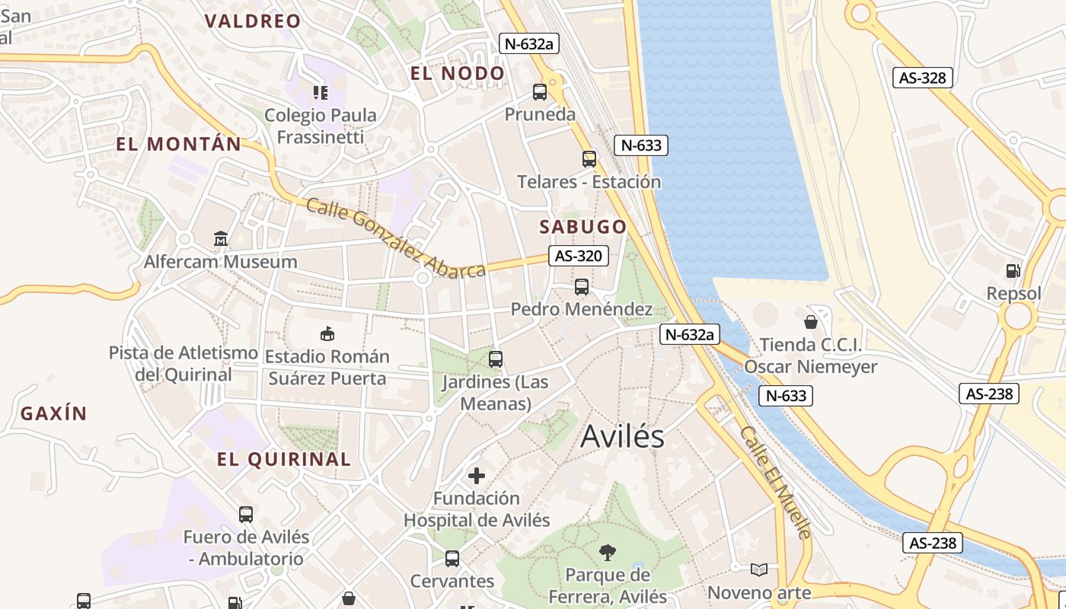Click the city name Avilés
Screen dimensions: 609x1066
click(x=622, y=436)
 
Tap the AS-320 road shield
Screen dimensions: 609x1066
click(x=579, y=256)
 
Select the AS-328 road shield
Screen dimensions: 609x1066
click(x=923, y=78)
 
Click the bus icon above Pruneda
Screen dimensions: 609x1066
click(x=540, y=92)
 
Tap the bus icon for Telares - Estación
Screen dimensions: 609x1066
click(x=589, y=158)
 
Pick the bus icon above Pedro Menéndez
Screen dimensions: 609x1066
click(x=582, y=287)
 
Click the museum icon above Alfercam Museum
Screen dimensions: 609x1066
click(x=221, y=239)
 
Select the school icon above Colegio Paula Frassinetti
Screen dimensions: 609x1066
click(x=321, y=93)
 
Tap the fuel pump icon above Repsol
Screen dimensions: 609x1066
click(x=1013, y=270)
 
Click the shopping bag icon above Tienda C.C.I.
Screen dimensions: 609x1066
click(x=811, y=322)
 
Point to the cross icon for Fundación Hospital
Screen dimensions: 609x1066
click(x=477, y=476)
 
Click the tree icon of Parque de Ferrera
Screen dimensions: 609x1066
click(x=608, y=552)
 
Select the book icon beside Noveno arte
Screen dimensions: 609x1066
click(x=759, y=569)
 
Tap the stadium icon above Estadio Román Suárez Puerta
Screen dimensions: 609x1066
click(x=327, y=333)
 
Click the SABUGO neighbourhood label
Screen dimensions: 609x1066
click(x=583, y=227)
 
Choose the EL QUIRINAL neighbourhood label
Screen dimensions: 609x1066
click(x=284, y=459)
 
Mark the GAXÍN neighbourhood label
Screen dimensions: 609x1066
click(x=53, y=414)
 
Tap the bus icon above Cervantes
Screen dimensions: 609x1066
click(x=452, y=559)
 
